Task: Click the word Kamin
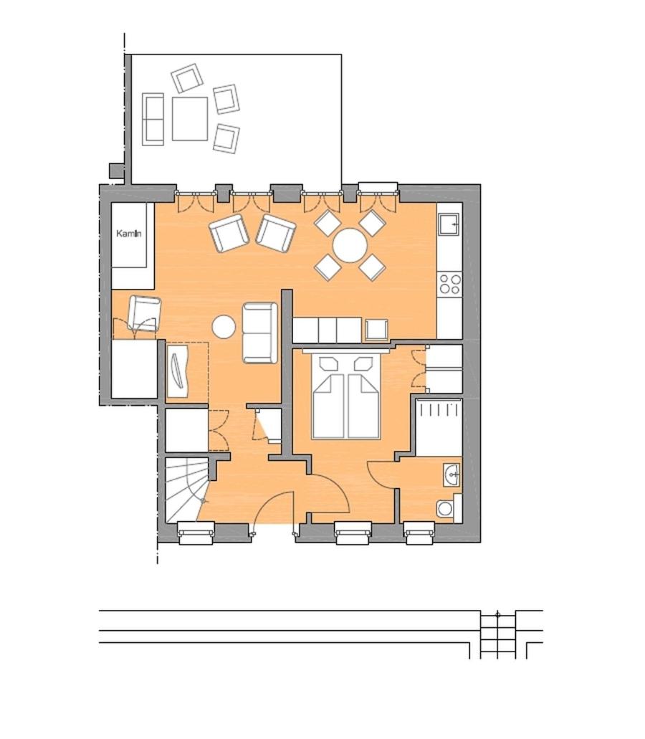point(129,234)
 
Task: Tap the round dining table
point(350,245)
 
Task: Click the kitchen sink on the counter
point(450,224)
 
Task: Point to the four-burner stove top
point(449,284)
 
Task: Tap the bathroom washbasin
point(451,474)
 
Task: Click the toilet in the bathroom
point(446,508)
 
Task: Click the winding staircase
point(186,489)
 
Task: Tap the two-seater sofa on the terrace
point(153,119)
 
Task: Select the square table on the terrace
point(190,119)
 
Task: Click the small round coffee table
point(224,327)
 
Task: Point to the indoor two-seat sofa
point(259,333)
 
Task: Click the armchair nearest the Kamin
point(144,313)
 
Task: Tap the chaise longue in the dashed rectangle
point(178,370)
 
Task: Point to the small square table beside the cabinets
point(376,330)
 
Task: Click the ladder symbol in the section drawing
point(498,634)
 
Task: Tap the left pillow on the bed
point(329,364)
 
